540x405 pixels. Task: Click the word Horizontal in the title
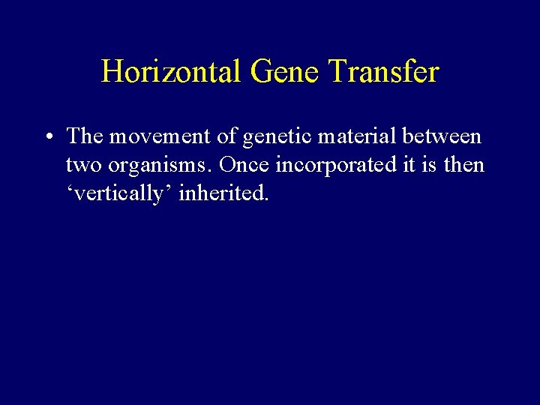171,72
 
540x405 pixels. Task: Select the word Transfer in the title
384,72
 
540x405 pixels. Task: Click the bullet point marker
47,138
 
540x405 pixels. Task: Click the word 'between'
442,136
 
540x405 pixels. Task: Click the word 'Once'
244,164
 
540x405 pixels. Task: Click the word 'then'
465,164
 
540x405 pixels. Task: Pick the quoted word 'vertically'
119,194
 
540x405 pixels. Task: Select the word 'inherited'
221,193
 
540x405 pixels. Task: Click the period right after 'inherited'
266,199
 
